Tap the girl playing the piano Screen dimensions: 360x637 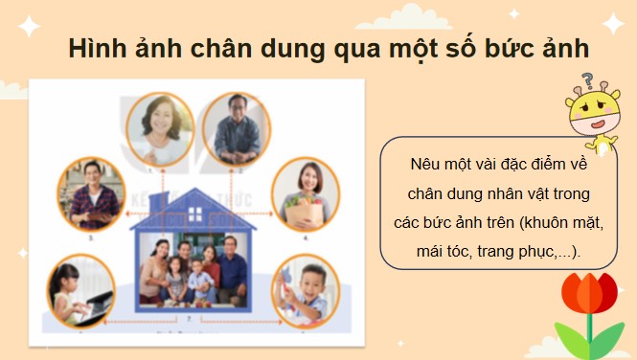click(x=80, y=286)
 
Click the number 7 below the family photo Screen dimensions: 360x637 click(x=191, y=315)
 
